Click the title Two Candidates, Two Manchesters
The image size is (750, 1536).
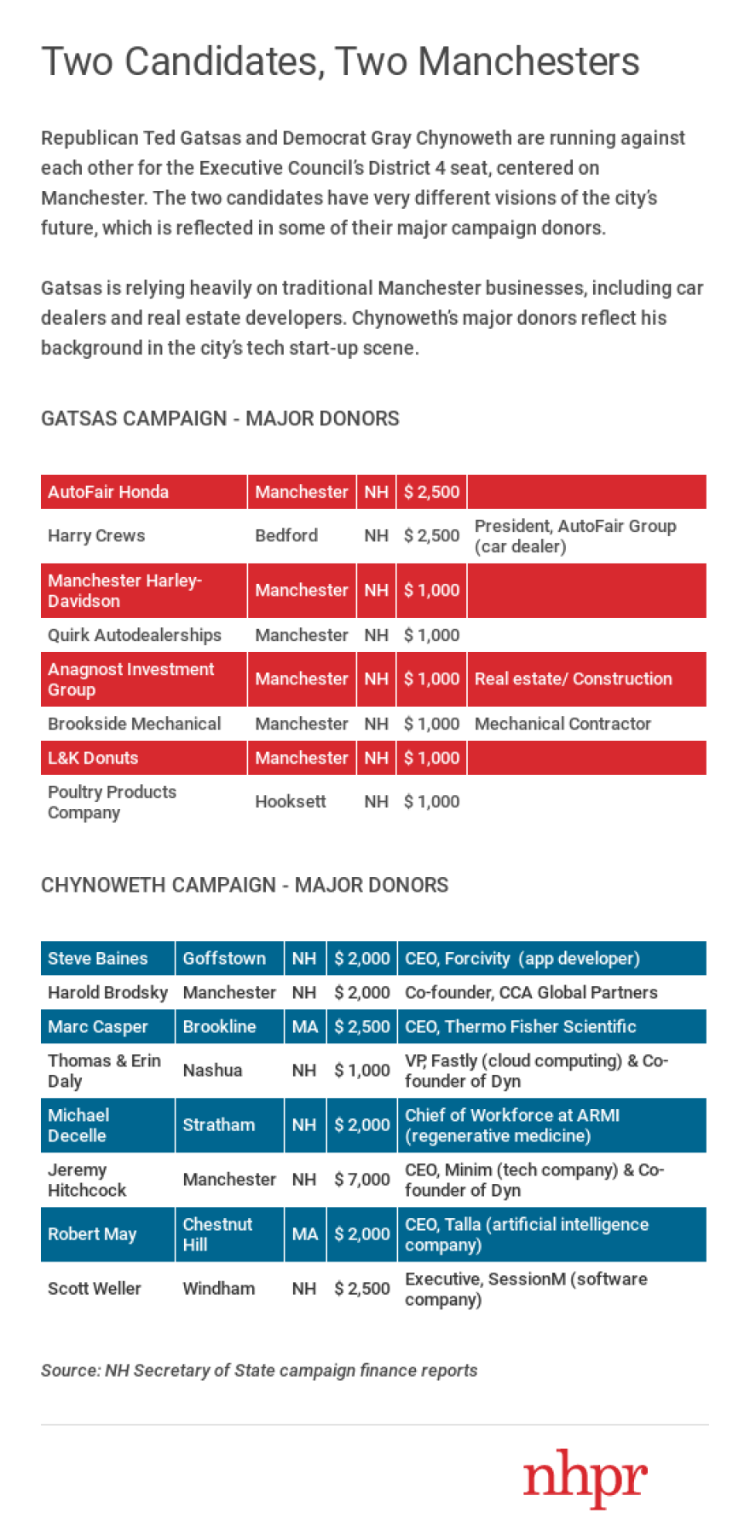pos(340,61)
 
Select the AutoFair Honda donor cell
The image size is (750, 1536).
pos(108,492)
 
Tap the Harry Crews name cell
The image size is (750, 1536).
pos(96,535)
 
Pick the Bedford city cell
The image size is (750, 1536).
pos(286,535)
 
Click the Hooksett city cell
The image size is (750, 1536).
pos(290,801)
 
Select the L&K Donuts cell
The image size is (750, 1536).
pos(93,758)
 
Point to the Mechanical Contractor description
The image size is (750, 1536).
pos(562,724)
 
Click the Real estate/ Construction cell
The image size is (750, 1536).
pos(573,678)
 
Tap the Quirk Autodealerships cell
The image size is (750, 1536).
pos(135,635)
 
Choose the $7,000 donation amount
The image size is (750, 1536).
pos(362,1179)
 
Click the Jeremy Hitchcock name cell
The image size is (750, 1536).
pos(87,1180)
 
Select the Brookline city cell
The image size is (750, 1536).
pos(219,1026)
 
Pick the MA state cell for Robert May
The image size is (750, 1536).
pos(305,1234)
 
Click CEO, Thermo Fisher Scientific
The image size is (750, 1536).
pos(520,1026)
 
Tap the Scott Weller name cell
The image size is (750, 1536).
pos(95,1288)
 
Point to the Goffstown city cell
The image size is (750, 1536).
pos(224,958)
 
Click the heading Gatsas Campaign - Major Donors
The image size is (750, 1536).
pos(220,419)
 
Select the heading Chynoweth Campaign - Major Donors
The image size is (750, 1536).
pos(245,885)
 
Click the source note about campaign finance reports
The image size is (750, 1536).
pos(259,1370)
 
